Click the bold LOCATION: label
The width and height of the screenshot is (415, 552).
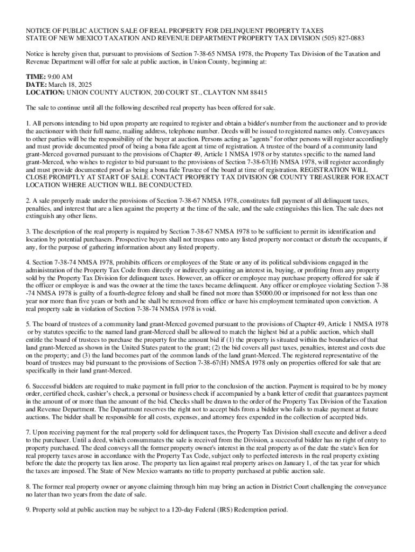click(46, 92)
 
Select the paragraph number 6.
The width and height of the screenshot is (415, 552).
click(27, 387)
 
